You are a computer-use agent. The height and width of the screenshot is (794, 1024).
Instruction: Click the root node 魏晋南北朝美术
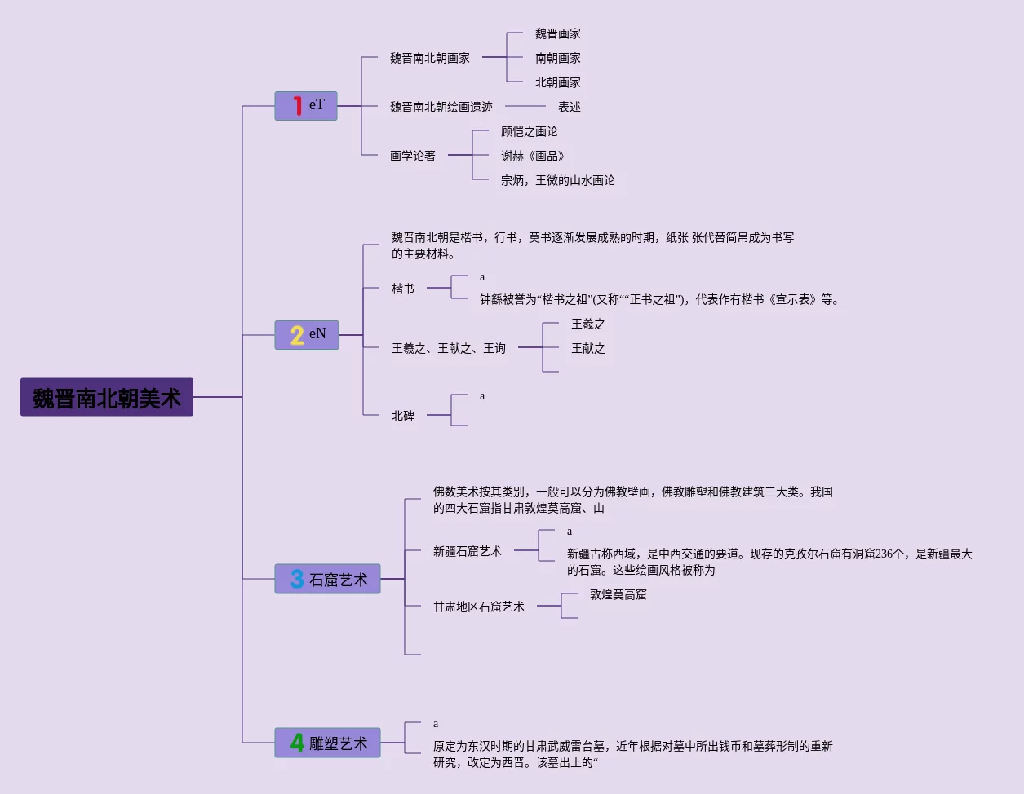pos(107,398)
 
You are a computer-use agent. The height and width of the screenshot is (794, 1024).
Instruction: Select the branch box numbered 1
pos(306,106)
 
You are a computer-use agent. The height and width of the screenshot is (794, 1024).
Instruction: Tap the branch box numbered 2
pos(307,335)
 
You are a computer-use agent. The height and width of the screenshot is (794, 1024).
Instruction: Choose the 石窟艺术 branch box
pos(327,580)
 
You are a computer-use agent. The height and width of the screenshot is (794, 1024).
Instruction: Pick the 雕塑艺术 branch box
pos(327,743)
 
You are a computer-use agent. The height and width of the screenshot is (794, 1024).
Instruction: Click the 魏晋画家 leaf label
pos(558,34)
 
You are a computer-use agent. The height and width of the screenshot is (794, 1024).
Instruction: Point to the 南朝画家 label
pos(558,59)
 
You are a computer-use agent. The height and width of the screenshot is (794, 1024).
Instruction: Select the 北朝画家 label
pos(558,83)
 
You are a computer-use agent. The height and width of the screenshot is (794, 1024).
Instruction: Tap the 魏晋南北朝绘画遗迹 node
pos(441,108)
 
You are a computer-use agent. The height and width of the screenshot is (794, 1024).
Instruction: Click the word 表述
pos(570,108)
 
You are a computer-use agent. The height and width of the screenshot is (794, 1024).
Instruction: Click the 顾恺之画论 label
pos(530,132)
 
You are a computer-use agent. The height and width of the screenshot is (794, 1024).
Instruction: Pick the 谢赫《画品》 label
pos(533,157)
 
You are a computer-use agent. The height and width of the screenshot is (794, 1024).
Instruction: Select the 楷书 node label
pos(403,289)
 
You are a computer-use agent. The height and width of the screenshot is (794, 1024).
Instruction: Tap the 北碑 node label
pos(403,416)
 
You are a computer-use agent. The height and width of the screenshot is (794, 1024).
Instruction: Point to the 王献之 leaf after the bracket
pos(588,349)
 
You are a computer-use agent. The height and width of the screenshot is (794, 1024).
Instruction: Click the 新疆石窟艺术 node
pos(468,552)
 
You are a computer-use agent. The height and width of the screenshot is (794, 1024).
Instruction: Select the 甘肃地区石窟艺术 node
pos(479,607)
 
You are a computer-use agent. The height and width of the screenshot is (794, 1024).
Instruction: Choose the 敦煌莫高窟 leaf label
pos(618,595)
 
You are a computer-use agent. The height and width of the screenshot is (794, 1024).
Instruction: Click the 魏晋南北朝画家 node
pos(430,59)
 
